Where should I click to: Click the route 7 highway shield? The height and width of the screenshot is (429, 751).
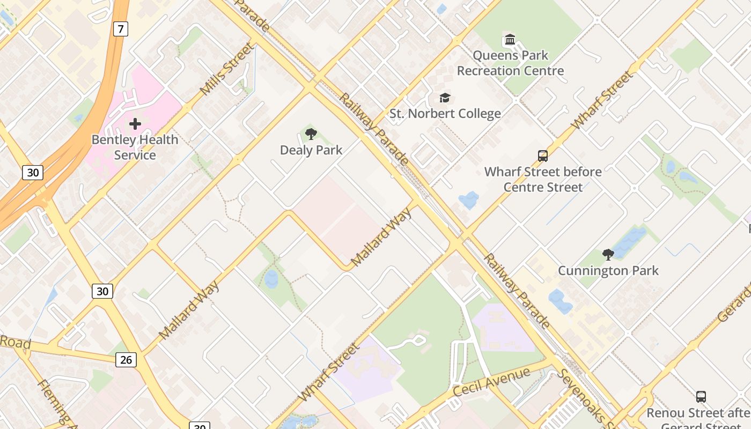121,29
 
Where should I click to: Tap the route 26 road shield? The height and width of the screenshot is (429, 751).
126,359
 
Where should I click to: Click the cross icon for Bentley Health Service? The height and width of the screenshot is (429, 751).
135,124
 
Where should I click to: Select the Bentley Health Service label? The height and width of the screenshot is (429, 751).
135,147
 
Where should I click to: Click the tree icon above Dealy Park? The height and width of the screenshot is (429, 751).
311,134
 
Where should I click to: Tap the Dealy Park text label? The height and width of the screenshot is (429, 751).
311,150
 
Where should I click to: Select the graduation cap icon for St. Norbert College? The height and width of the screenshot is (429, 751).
445,98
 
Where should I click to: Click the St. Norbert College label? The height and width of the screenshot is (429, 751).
445,114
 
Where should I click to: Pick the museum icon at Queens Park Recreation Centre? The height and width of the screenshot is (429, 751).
510,40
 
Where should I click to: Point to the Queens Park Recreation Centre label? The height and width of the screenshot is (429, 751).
510,63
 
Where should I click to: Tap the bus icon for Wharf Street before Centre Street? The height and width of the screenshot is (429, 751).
543,156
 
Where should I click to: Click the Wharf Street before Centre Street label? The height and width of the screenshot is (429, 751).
543,180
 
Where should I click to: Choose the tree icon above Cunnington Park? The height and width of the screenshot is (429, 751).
608,255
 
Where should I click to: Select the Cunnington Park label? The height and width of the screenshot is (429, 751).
608,271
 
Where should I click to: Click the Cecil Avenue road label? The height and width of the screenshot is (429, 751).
491,382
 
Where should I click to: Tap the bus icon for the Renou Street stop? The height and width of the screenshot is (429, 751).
701,397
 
